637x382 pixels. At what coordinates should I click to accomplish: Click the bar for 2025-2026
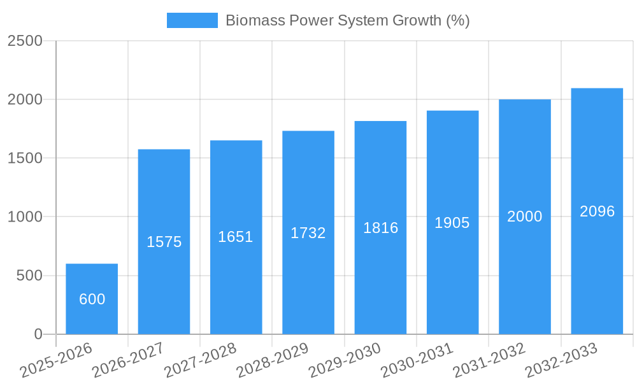(92, 299)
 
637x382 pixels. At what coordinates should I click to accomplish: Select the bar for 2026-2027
(164, 242)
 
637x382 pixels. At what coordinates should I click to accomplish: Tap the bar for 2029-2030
(380, 227)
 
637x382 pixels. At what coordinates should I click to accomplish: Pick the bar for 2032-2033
(597, 211)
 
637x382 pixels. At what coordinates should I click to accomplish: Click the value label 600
(92, 299)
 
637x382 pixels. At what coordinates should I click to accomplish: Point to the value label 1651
(236, 237)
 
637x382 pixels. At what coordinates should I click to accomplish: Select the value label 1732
(308, 233)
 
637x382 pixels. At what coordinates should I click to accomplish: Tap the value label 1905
(452, 223)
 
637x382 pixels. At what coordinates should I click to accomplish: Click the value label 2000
(525, 216)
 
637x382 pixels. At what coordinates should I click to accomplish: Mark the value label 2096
(597, 211)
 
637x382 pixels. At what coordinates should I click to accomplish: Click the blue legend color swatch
(192, 20)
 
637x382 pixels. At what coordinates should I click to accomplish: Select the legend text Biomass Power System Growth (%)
(348, 20)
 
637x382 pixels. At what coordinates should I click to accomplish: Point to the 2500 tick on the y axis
(25, 41)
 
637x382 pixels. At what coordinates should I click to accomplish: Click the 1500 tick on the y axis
(25, 158)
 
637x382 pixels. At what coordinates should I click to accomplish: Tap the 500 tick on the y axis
(29, 276)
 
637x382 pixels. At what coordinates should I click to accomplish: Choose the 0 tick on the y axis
(38, 334)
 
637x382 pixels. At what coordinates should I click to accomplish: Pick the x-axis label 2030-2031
(418, 360)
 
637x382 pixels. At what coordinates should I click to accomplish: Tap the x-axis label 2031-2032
(490, 360)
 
